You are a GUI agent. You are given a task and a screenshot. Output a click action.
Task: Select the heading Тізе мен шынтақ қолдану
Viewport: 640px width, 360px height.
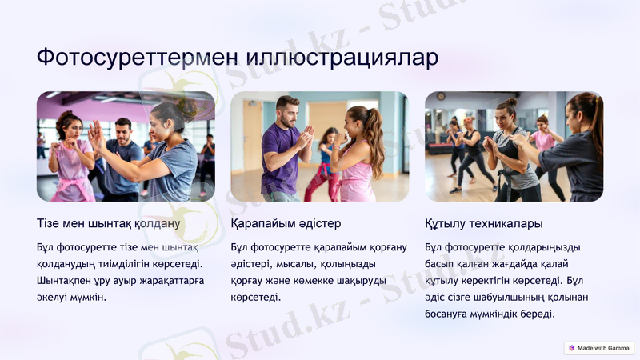point(109,223)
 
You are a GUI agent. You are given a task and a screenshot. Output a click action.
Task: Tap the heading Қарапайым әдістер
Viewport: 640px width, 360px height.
point(286,223)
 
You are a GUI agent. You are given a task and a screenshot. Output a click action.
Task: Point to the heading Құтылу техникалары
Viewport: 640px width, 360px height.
point(484,223)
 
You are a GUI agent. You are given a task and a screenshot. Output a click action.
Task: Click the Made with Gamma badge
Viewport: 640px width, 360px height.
point(599,348)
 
